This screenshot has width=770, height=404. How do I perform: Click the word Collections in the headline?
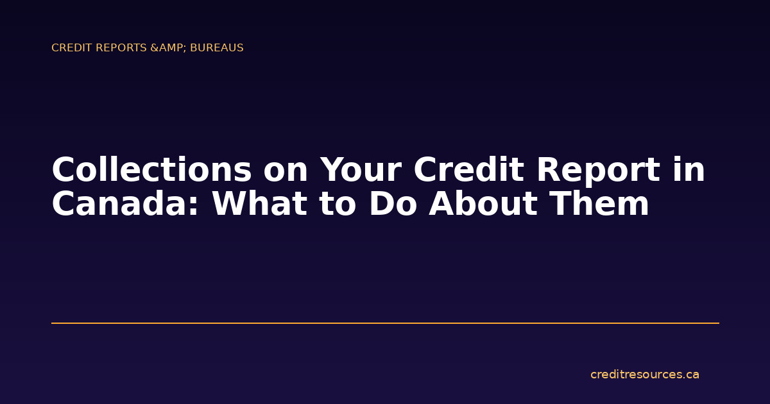(151, 171)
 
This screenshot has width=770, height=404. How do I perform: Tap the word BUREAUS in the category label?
(217, 48)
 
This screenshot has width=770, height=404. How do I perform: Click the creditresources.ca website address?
(644, 375)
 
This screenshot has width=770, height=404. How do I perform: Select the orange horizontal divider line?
(385, 323)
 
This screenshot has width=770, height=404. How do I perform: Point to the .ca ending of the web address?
(691, 375)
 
